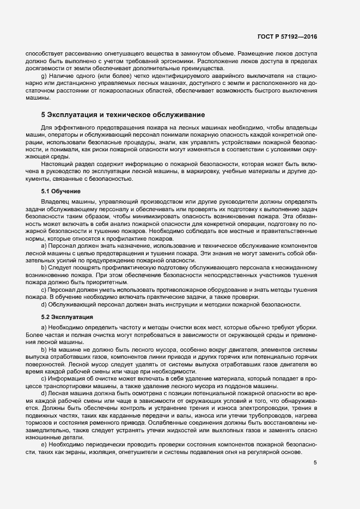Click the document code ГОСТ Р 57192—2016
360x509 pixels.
[287, 36]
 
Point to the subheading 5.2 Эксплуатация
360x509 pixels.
[67, 316]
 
